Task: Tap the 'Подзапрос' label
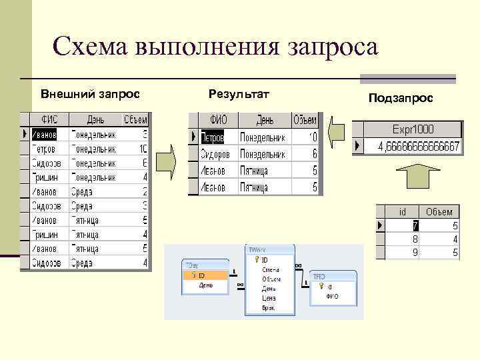pyautogui.click(x=401, y=98)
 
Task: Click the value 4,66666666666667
pyautogui.click(x=418, y=146)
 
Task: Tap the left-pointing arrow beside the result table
pyautogui.click(x=337, y=130)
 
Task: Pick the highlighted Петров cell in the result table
pyautogui.click(x=219, y=137)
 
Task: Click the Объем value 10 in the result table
pyautogui.click(x=312, y=137)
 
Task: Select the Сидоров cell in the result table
pyautogui.click(x=219, y=154)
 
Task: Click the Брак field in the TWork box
pyautogui.click(x=269, y=309)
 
